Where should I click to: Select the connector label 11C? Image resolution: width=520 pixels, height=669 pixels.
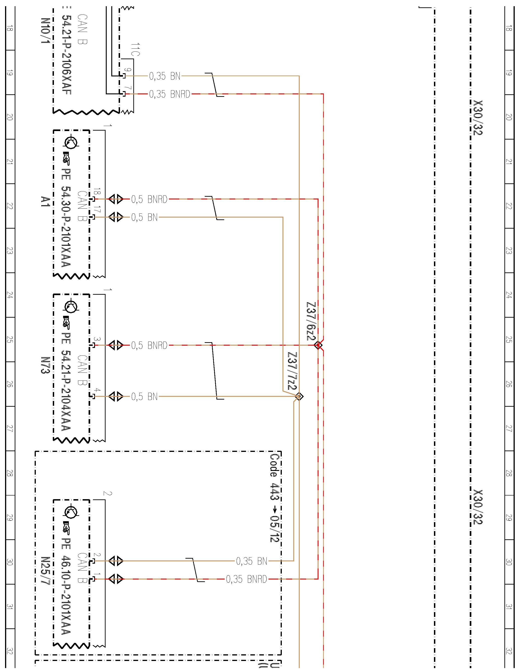coord(135,49)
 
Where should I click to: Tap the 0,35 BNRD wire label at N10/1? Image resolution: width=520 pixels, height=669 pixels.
coord(169,94)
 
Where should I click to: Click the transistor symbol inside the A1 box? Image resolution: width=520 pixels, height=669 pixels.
coord(71,142)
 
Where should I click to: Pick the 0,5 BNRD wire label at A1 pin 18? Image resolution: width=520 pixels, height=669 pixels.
coord(149,199)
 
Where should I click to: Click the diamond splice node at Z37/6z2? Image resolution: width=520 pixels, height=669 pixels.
coord(318,345)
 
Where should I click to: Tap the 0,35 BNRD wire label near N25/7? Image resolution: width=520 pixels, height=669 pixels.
coord(246,579)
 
